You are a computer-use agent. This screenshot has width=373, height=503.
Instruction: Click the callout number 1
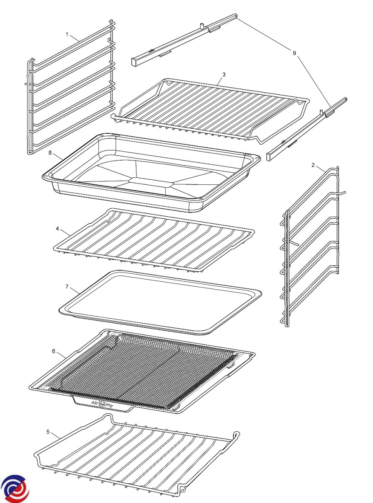coord(67,34)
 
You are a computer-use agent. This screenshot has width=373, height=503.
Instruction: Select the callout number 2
coord(313,165)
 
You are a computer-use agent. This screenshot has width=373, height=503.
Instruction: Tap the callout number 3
coord(224,75)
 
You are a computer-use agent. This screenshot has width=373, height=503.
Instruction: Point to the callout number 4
coord(57,228)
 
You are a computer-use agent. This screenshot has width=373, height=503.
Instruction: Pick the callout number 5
coord(48,432)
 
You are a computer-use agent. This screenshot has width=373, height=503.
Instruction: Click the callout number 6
coord(54,351)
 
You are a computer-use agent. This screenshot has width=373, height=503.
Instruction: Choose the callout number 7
coord(67,287)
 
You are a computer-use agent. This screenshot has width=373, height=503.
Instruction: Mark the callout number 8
coord(50,153)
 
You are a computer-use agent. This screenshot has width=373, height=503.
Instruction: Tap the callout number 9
coord(294,53)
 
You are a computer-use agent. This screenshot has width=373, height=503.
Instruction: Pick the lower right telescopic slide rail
coord(306,129)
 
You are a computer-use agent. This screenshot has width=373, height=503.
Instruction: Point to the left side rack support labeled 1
coord(71,87)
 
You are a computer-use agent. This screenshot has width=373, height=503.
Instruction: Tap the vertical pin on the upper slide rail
coord(201,25)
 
